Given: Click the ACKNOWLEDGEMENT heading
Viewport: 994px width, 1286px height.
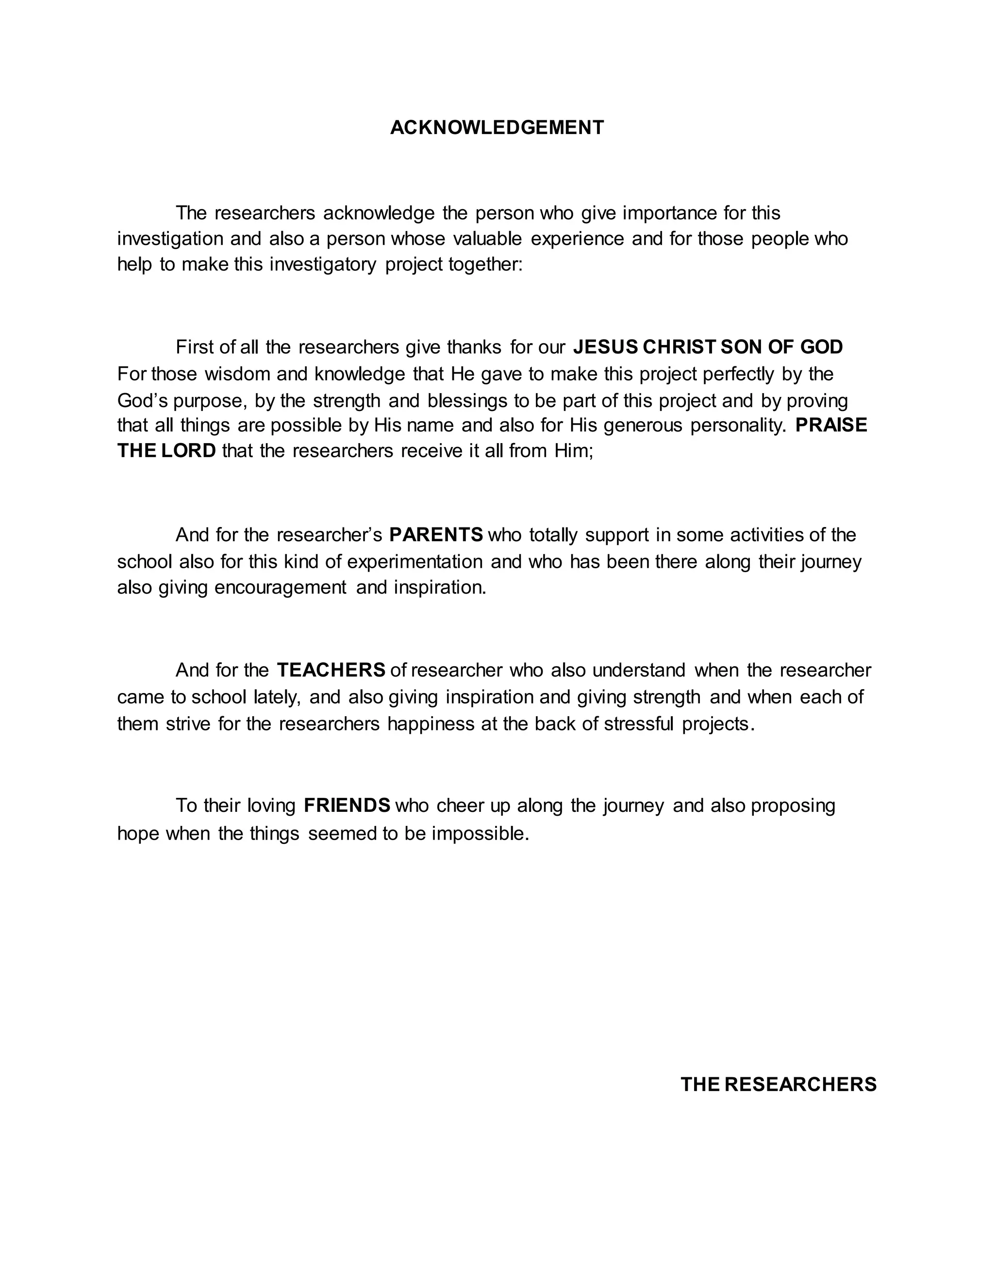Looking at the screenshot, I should (x=497, y=128).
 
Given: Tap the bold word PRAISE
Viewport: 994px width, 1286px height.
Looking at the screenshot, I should (x=831, y=425).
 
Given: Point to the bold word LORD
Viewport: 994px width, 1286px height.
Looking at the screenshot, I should (x=189, y=451).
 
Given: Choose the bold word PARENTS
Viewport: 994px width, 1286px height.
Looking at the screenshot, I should (x=436, y=535).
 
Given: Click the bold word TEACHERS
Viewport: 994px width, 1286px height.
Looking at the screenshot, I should (x=331, y=670).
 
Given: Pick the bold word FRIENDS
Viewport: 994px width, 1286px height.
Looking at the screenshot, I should (x=347, y=806).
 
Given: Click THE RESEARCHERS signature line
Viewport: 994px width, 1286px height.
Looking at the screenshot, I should (x=779, y=1085).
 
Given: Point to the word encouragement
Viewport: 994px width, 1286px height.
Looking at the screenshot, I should (x=281, y=588).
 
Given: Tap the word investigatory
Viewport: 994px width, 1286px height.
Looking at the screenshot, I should (x=323, y=265).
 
